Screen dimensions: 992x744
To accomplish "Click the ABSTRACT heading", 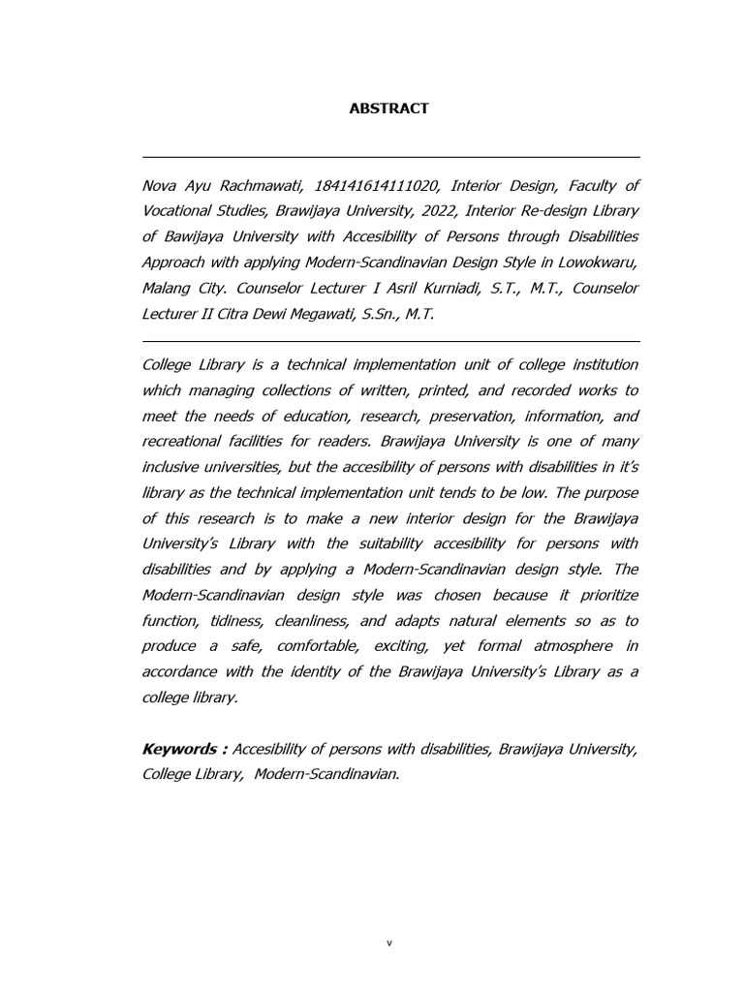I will (388, 108).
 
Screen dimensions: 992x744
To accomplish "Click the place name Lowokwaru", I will (600, 262).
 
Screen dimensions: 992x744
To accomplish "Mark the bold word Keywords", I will (181, 749).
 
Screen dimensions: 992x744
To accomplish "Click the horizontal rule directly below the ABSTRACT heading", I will (390, 157).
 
